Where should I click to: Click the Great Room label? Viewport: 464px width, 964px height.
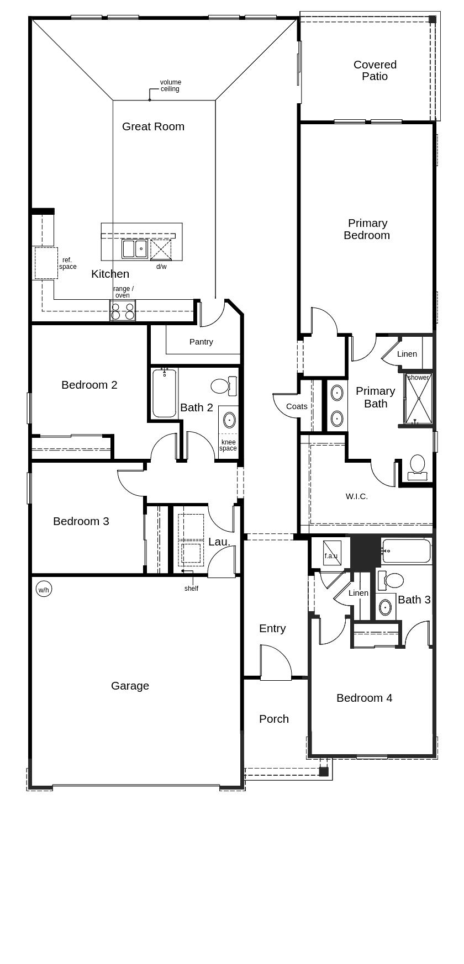pyautogui.click(x=153, y=126)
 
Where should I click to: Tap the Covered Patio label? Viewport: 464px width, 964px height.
pyautogui.click(x=375, y=71)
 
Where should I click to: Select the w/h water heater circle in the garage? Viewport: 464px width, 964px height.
pyautogui.click(x=44, y=590)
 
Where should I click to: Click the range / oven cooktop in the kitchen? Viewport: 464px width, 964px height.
pyautogui.click(x=123, y=311)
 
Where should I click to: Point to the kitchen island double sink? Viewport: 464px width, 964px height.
pyautogui.click(x=135, y=249)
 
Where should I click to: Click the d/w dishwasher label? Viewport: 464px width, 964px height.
pyautogui.click(x=161, y=267)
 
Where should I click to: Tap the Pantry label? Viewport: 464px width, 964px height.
pyautogui.click(x=201, y=342)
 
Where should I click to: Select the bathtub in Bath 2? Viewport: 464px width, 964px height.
pyautogui.click(x=164, y=393)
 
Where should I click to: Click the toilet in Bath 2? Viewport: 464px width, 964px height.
pyautogui.click(x=224, y=385)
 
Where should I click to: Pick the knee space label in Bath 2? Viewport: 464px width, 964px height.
pyautogui.click(x=228, y=445)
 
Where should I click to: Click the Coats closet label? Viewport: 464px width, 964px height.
pyautogui.click(x=297, y=406)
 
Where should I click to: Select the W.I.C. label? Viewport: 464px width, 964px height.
pyautogui.click(x=357, y=496)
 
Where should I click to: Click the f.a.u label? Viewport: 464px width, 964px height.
pyautogui.click(x=331, y=556)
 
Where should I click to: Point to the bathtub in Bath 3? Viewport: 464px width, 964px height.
pyautogui.click(x=406, y=551)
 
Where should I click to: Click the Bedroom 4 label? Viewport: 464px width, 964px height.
pyautogui.click(x=365, y=698)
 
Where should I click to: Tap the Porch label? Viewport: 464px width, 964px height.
pyautogui.click(x=274, y=719)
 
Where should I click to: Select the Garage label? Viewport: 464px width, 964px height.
pyautogui.click(x=130, y=686)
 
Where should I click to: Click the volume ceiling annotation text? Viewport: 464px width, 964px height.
pyautogui.click(x=171, y=86)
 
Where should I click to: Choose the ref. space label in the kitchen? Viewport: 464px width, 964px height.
pyautogui.click(x=68, y=263)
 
